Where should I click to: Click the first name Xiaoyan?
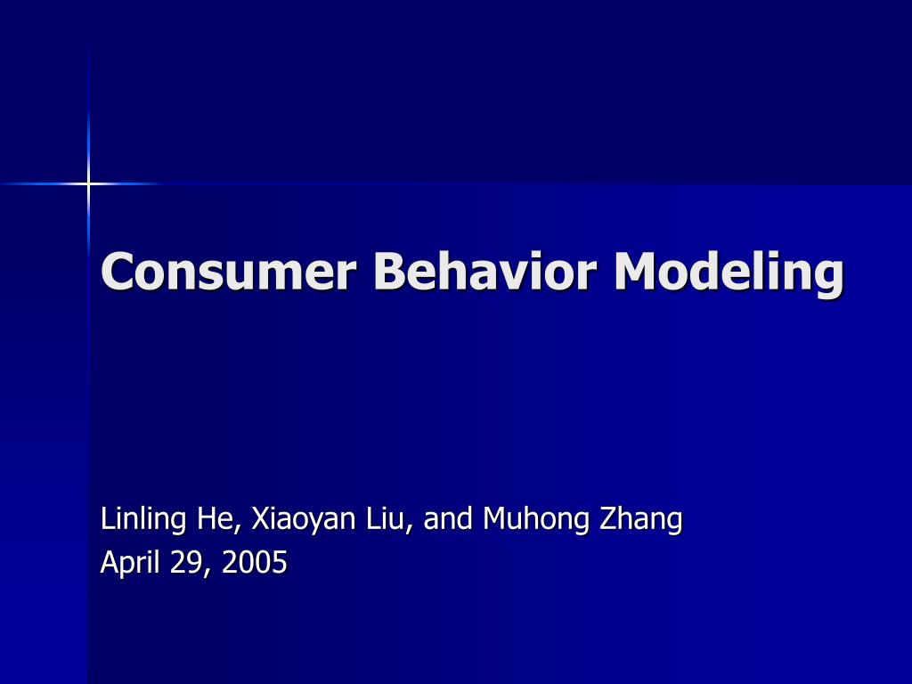pos(303,519)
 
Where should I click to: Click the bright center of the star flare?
pos(88,184)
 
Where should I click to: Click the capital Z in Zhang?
pos(607,517)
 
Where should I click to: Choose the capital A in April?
pos(109,562)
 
